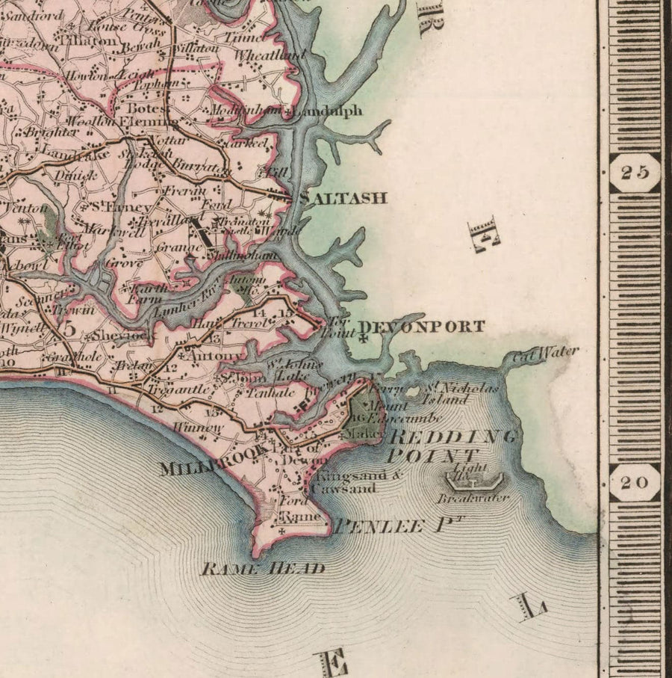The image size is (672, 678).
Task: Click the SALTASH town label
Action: tap(343, 198)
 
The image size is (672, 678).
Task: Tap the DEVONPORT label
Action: tap(422, 327)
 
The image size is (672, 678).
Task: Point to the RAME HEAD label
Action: tap(263, 569)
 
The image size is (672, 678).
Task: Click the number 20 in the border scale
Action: tap(635, 482)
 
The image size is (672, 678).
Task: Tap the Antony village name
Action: tap(214, 356)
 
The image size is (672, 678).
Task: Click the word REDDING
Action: tap(452, 437)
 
